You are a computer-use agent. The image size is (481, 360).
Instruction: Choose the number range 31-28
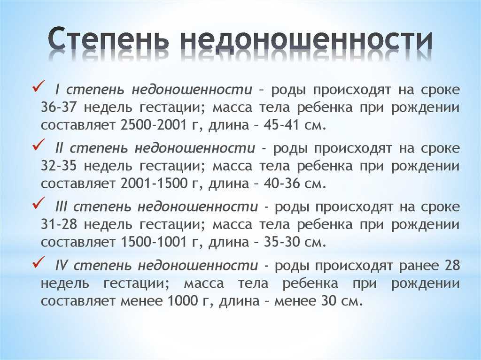coord(58,225)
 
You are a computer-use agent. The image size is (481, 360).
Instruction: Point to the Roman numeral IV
coord(61,266)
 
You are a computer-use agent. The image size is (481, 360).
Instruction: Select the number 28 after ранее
coord(452,266)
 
